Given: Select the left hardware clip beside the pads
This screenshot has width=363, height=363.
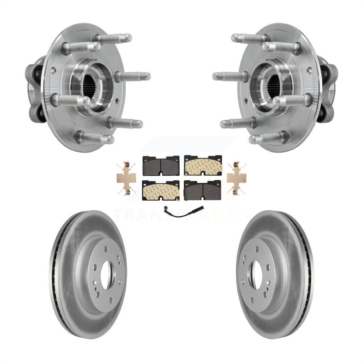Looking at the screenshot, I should [x=126, y=178].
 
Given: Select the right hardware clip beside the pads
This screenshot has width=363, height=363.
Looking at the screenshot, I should [x=236, y=178].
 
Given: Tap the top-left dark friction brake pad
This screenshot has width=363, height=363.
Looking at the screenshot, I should [x=161, y=166].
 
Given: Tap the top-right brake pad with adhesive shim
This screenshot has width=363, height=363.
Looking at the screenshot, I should [x=203, y=166].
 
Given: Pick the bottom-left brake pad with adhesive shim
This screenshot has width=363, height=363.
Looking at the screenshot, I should [x=161, y=190].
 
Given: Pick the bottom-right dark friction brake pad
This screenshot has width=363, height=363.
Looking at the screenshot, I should [x=203, y=190].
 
